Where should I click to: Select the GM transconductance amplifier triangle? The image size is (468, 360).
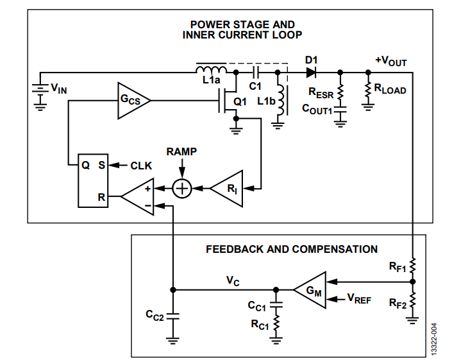[308, 290]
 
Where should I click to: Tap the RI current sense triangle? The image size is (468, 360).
[228, 189]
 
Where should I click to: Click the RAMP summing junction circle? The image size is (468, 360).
[183, 189]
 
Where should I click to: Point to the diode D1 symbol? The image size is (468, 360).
[312, 73]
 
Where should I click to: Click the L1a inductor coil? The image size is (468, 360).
[211, 70]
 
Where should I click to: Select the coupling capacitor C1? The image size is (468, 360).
[255, 73]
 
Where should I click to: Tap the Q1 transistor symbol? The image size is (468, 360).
[231, 101]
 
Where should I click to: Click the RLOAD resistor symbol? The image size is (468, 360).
[368, 91]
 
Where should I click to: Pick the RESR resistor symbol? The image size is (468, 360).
[340, 90]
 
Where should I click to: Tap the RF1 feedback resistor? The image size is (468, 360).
[413, 265]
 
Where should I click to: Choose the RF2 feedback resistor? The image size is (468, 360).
[413, 300]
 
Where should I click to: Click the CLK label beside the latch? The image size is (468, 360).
[141, 166]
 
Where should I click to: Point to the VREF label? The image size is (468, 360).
[360, 299]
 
